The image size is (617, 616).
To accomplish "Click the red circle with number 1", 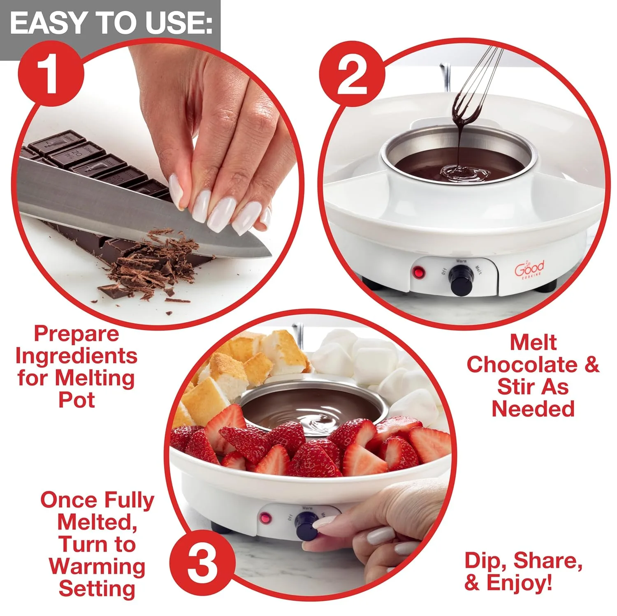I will tap(51, 75).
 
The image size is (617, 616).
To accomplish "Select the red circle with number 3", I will tap(202, 563).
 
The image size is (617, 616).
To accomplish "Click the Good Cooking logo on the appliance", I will tap(529, 270).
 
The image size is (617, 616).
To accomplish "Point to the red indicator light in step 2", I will tap(419, 272).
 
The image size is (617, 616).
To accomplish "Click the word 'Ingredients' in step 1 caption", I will tap(77, 356).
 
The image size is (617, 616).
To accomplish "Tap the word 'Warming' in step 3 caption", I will tap(97, 566).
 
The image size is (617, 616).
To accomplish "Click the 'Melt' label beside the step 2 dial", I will tap(478, 270).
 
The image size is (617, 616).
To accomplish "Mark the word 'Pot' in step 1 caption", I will tap(77, 400).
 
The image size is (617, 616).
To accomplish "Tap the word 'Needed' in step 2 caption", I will tap(533, 409).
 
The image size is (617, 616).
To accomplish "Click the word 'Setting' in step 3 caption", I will tap(97, 588).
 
